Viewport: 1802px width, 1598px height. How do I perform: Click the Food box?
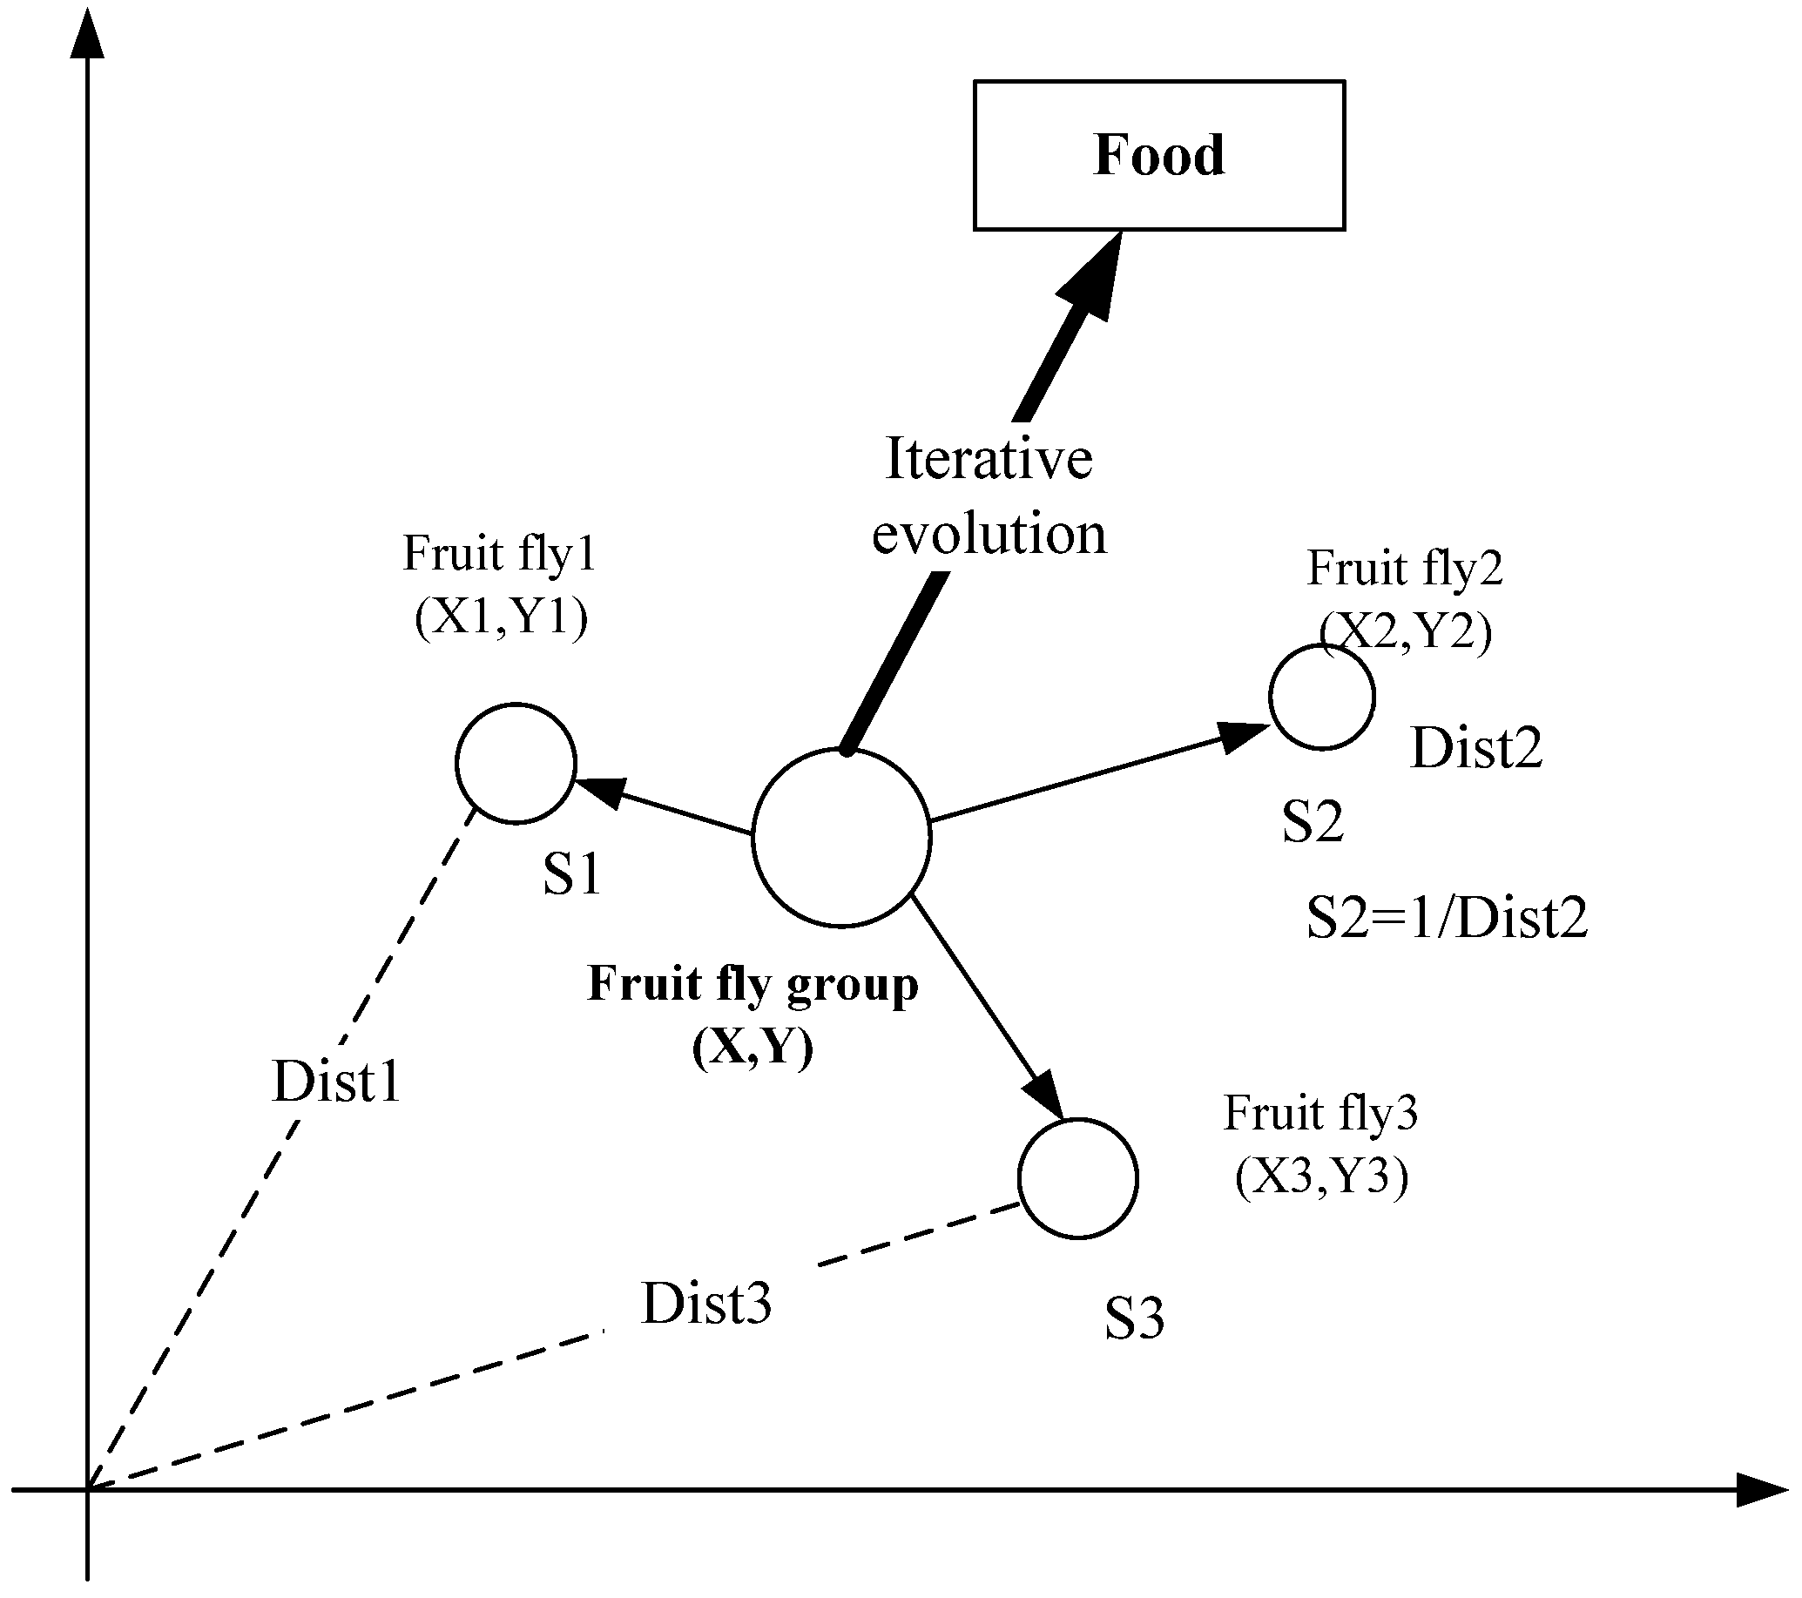[x=1158, y=155]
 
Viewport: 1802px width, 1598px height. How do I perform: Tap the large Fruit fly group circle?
[x=841, y=838]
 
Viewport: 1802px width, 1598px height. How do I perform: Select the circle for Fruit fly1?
[x=516, y=764]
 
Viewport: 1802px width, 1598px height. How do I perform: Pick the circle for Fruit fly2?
[x=1321, y=697]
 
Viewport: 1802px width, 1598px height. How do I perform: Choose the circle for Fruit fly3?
[x=1077, y=1178]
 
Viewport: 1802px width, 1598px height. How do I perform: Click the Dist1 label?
[x=337, y=1081]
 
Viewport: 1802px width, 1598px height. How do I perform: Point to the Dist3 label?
[x=706, y=1304]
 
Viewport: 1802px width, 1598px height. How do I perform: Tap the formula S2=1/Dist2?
[x=1447, y=918]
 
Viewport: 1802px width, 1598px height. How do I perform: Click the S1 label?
[x=571, y=874]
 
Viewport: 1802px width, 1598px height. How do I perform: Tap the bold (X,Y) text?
[x=752, y=1047]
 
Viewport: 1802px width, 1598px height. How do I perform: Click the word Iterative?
[x=989, y=459]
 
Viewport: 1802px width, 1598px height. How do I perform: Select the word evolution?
[x=989, y=534]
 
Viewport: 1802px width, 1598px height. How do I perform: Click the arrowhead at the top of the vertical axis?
[x=87, y=35]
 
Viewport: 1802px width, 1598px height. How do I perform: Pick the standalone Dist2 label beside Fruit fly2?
[x=1475, y=748]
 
